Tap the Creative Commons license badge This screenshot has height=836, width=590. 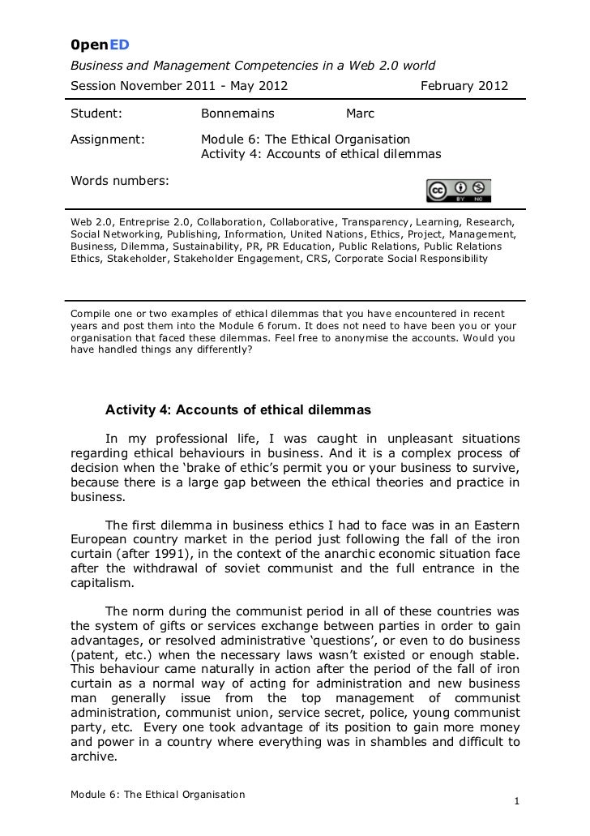[458, 190]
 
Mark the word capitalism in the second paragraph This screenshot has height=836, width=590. [104, 581]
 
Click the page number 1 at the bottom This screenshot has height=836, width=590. [517, 807]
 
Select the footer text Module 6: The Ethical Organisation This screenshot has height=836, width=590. [157, 794]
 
